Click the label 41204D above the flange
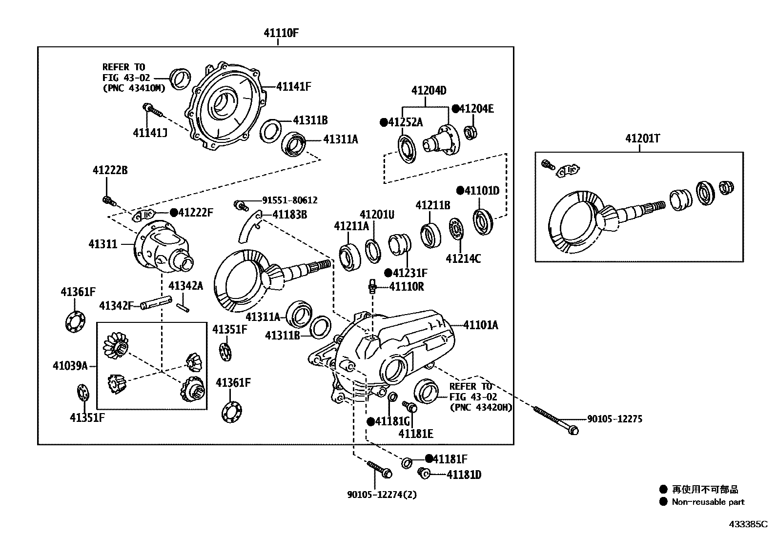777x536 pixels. [x=429, y=91]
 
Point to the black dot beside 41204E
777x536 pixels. [x=455, y=109]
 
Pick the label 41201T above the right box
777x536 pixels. [x=642, y=139]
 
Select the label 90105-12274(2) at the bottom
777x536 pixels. [x=382, y=495]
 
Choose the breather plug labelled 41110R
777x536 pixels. [x=372, y=285]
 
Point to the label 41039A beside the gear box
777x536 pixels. [x=70, y=365]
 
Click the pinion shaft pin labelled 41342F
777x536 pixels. [x=156, y=305]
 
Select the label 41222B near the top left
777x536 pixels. [x=110, y=170]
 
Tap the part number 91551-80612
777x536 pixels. [x=289, y=200]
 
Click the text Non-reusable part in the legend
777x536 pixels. [x=708, y=502]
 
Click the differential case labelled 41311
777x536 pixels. [x=164, y=246]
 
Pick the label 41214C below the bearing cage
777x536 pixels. [x=463, y=258]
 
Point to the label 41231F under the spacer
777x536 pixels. [x=410, y=273]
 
